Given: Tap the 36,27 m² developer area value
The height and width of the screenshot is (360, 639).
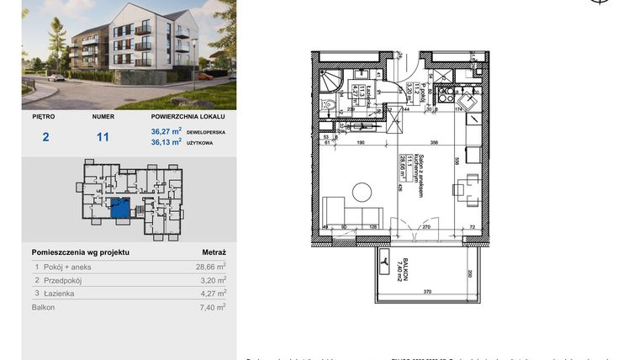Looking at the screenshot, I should pyautogui.click(x=166, y=132).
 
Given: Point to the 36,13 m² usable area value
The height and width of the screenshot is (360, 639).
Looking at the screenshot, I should pyautogui.click(x=166, y=142).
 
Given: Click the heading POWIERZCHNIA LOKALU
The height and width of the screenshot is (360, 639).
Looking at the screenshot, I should pyautogui.click(x=187, y=119).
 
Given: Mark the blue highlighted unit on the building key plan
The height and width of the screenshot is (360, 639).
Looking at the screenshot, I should pyautogui.click(x=121, y=208).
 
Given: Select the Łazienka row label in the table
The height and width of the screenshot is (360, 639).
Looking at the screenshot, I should pyautogui.click(x=61, y=294).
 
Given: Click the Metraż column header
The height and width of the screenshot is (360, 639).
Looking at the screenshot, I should pyautogui.click(x=214, y=251).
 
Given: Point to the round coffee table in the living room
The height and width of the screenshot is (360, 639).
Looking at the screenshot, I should pyautogui.click(x=362, y=192).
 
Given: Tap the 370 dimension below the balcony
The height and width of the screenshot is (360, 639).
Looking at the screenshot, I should pyautogui.click(x=427, y=291).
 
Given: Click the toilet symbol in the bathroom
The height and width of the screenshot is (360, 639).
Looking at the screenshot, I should pyautogui.click(x=330, y=107).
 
